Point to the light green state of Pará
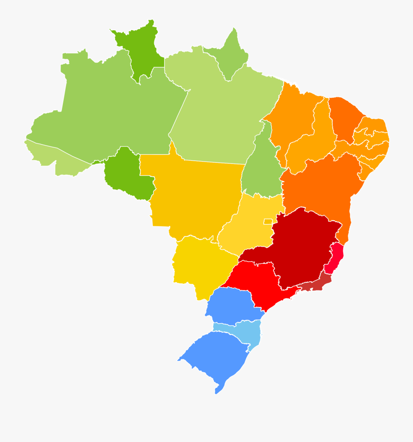(220, 115)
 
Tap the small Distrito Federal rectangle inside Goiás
(268, 221)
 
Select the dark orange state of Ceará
(344, 117)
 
